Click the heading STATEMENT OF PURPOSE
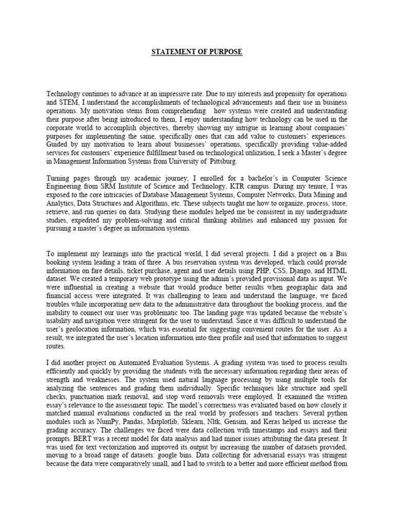tap(196, 52)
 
